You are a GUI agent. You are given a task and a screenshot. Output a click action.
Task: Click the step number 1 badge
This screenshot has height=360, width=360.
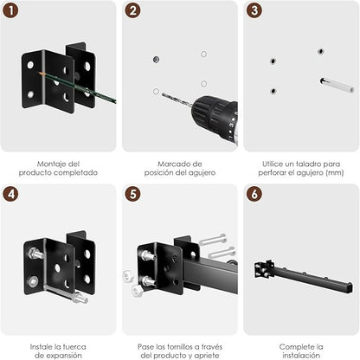11,10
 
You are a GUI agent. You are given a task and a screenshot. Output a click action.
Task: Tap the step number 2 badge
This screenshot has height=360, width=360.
132,10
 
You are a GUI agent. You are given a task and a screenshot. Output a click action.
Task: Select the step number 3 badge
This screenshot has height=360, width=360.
254,10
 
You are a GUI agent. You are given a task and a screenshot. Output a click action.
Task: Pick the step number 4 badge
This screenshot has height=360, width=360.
11,194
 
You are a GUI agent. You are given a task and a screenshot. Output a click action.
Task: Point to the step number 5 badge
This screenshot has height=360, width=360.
132,194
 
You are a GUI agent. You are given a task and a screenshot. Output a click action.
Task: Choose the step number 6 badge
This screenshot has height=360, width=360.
254,194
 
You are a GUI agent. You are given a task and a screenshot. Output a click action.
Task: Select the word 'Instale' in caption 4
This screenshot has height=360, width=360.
44,345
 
